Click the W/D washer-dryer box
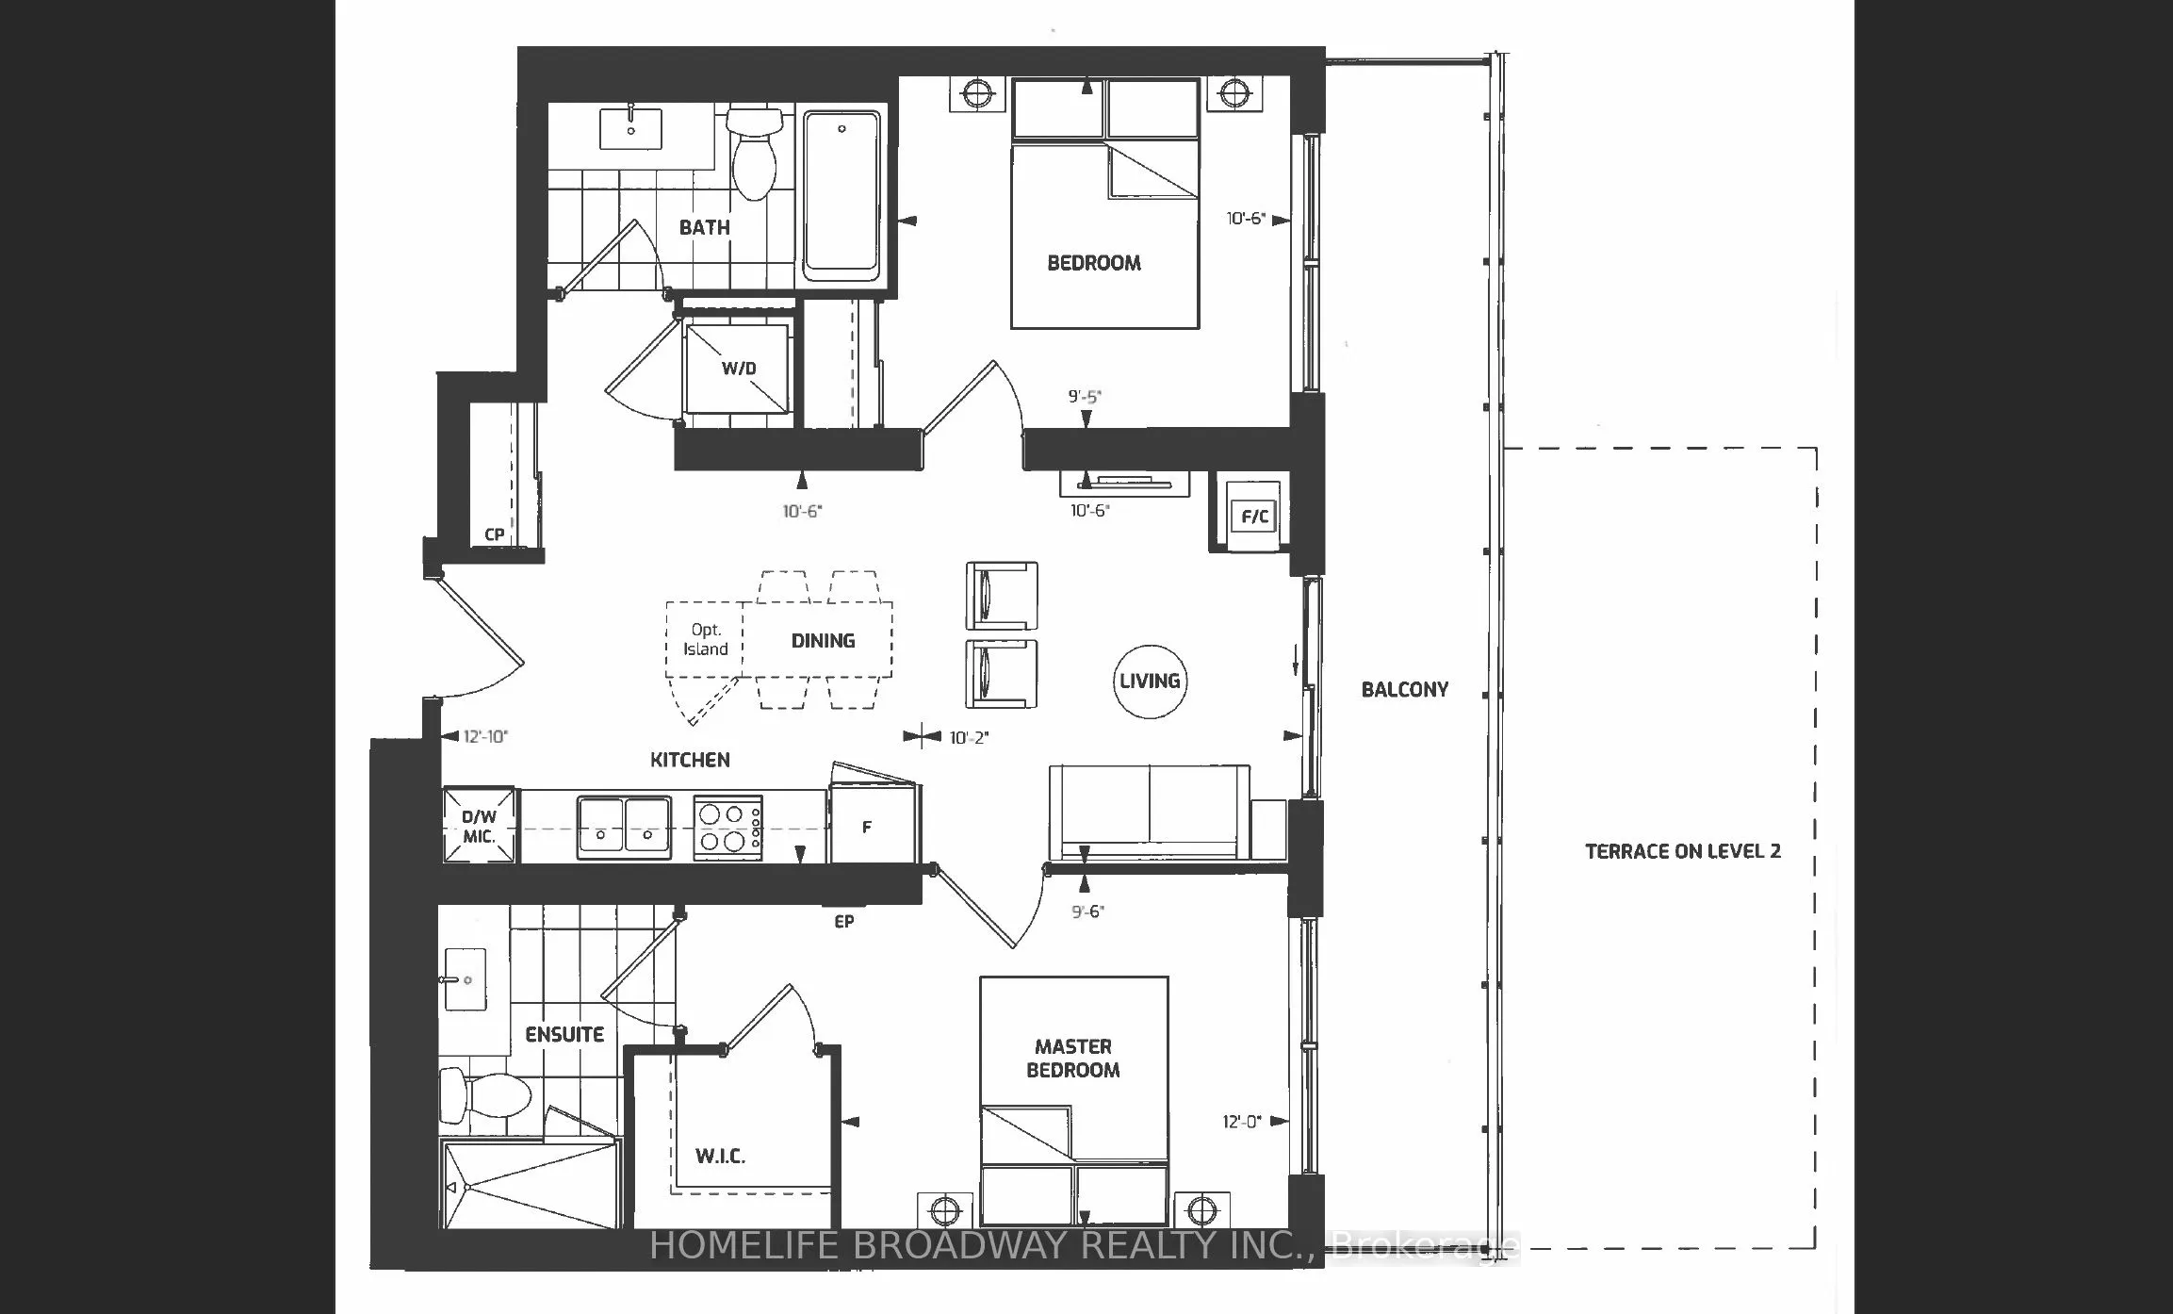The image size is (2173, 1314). (737, 369)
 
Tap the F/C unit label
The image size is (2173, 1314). (1254, 517)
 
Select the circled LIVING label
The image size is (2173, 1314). (1149, 681)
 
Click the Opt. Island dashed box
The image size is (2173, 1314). (705, 640)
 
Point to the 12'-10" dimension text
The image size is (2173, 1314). (485, 736)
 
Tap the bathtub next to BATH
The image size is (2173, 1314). (841, 195)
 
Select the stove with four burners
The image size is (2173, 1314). (727, 827)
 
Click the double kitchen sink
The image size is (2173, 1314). (624, 827)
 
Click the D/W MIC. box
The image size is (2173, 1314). (479, 827)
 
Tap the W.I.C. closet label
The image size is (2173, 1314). (720, 1156)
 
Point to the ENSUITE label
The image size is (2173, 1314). (564, 1034)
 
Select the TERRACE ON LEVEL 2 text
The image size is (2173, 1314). (1682, 851)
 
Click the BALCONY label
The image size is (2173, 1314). (1404, 689)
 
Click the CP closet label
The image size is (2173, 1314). (494, 534)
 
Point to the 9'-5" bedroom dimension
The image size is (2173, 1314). (1085, 397)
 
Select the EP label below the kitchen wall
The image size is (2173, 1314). (843, 921)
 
